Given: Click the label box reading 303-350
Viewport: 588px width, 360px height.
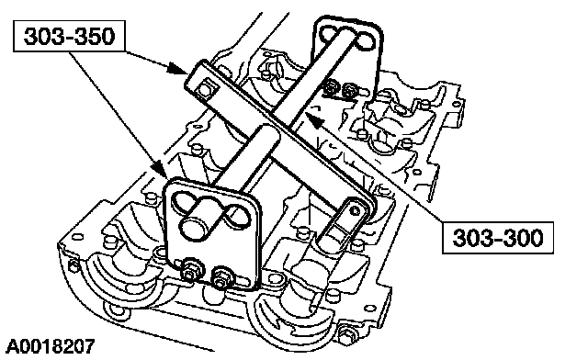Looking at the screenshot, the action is pos(69,36).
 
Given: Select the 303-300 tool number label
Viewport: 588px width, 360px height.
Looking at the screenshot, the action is pos(498,237).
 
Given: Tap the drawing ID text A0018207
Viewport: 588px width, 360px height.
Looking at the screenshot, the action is pos(51,346).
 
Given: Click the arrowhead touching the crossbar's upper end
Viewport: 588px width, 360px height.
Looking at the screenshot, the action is pos(176,69).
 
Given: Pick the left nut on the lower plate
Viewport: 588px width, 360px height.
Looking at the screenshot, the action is pos(191,271).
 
